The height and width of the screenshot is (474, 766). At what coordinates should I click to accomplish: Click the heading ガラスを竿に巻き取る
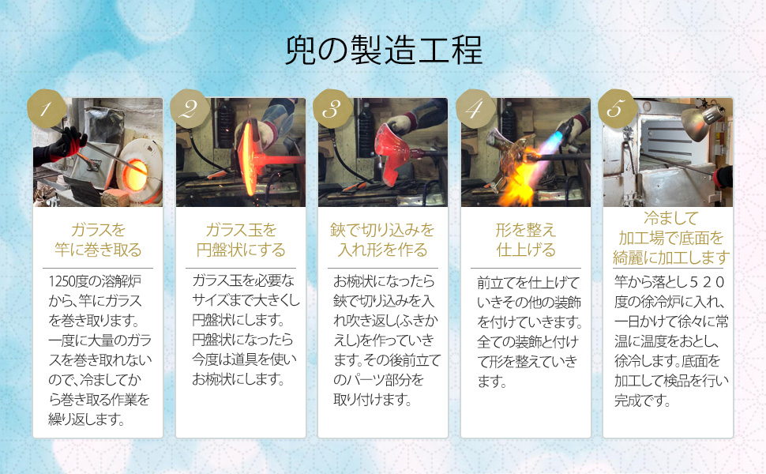[x=98, y=240]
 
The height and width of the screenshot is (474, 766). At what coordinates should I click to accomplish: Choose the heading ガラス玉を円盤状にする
[x=241, y=240]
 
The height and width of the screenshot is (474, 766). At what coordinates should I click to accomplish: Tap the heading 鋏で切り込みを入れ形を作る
[x=383, y=240]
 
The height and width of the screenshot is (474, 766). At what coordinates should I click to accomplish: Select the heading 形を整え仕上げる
[x=526, y=240]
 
